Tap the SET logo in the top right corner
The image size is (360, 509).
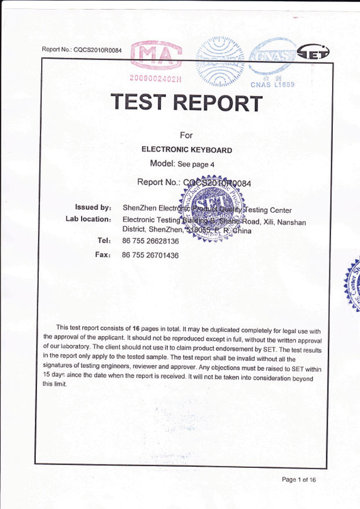pos(313,54)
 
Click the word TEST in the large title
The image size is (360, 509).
pos(139,102)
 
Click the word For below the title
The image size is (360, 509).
pos(186,135)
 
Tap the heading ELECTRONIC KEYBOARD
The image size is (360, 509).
pos(187,150)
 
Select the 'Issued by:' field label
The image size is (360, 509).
pos(93,207)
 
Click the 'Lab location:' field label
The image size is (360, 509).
pos(88,219)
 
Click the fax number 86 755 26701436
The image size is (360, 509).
pos(150,255)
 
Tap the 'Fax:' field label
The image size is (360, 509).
pos(102,254)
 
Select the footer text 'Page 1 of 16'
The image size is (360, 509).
pos(299,480)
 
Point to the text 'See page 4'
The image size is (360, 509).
pos(196,164)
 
